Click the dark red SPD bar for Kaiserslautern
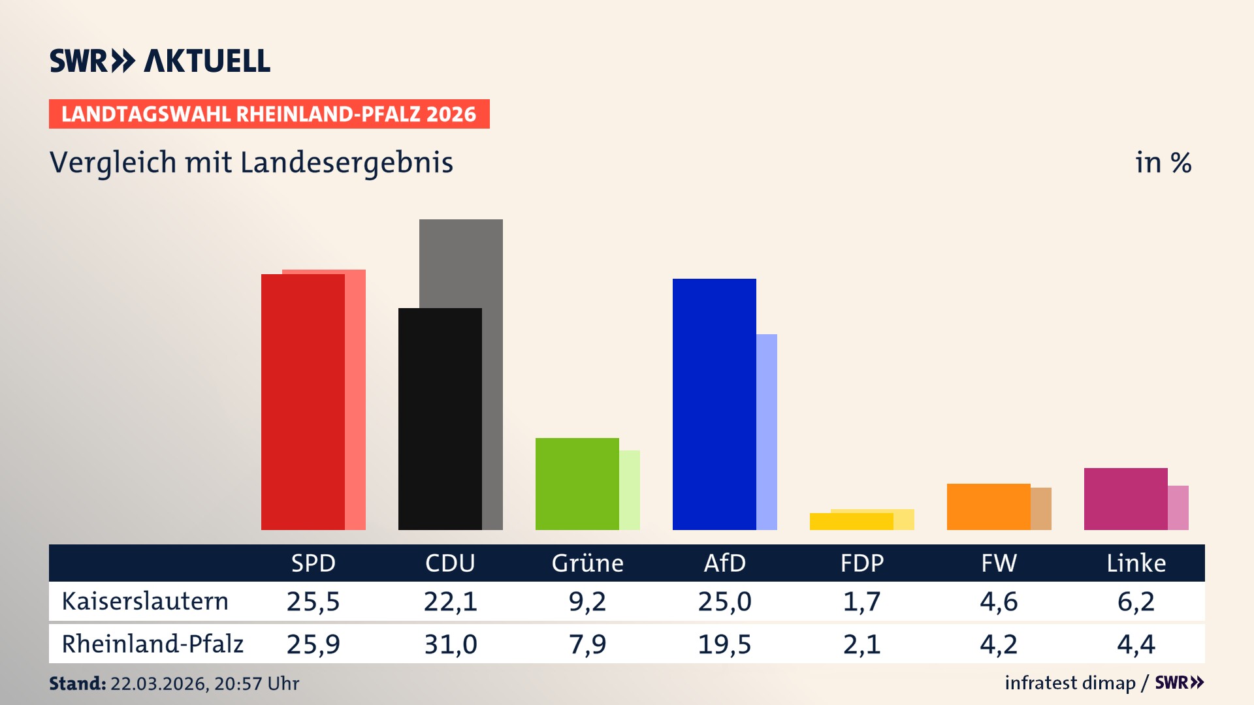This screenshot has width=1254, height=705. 302,401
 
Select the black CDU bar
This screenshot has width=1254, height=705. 440,418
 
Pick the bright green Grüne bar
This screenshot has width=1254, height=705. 577,484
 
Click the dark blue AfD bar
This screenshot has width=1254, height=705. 714,404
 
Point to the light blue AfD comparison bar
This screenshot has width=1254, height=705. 767,431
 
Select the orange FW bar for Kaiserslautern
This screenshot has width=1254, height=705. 988,507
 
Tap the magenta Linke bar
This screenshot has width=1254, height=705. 1125,499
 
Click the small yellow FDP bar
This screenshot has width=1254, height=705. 851,522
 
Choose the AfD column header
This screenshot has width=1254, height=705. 724,563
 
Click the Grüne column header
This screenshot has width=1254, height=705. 587,563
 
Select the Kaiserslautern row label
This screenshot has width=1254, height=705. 145,601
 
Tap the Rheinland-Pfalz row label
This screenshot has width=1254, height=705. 152,644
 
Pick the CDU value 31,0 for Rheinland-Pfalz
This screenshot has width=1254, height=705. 451,644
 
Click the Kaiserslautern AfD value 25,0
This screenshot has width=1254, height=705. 724,601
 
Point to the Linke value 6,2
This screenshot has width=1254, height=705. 1136,601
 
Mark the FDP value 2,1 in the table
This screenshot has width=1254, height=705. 861,644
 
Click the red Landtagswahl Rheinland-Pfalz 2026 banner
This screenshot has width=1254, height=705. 269,114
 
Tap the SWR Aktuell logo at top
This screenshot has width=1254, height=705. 160,61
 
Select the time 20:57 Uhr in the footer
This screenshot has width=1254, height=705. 256,683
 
